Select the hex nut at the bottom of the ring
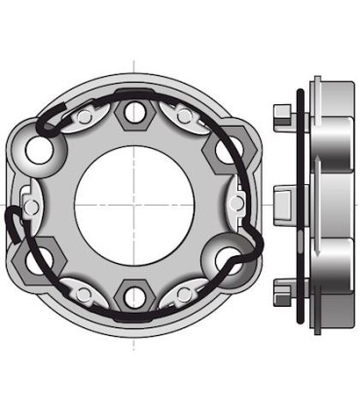(x=133, y=296)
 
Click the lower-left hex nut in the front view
(x=43, y=257)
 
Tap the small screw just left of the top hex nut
(x=87, y=118)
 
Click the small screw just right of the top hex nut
(x=181, y=118)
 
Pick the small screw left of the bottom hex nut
(x=87, y=291)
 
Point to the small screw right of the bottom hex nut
(x=181, y=291)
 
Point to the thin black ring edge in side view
(x=303, y=205)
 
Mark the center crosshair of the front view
(x=134, y=205)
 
